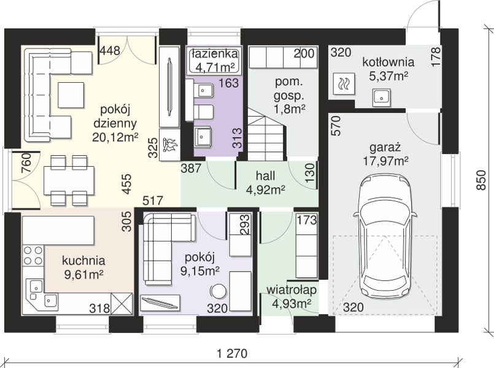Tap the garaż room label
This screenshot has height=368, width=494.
[x=385, y=147]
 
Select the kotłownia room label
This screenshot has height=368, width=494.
[x=388, y=62]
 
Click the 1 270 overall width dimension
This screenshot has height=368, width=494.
[x=233, y=353]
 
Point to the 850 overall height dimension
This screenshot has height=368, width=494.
[x=480, y=180]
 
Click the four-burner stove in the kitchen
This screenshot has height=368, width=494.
[x=33, y=255]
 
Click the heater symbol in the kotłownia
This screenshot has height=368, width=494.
[x=343, y=84]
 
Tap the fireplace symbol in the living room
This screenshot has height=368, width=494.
[x=170, y=145]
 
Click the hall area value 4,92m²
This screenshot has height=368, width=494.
[x=266, y=190]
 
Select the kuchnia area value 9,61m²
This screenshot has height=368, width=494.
[x=84, y=274]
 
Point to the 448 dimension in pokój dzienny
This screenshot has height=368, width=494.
[x=110, y=51]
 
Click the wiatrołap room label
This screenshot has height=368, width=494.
[x=291, y=289]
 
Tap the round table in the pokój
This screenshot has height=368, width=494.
[x=218, y=291]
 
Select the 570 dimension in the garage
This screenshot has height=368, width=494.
[x=336, y=126]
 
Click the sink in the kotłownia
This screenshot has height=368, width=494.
[x=382, y=98]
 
